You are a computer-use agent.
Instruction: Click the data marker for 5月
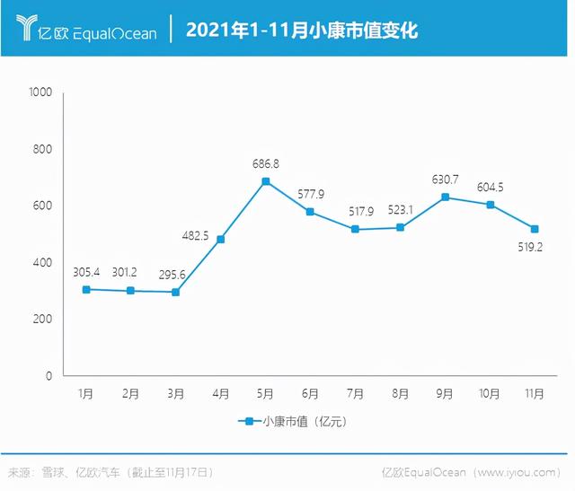[x=266, y=181]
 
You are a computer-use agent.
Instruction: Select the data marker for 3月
[x=176, y=292]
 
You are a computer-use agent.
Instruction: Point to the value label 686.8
[x=266, y=163]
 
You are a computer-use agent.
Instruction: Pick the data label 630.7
[x=446, y=180]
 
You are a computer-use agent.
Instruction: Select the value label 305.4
[x=87, y=272]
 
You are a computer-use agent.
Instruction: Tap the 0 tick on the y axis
[x=50, y=376]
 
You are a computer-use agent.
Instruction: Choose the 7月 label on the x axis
[x=356, y=394]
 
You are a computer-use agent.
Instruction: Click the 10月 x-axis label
[x=491, y=394]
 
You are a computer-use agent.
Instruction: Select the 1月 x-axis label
[x=86, y=394]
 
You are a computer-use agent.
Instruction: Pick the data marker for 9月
[x=446, y=197]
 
